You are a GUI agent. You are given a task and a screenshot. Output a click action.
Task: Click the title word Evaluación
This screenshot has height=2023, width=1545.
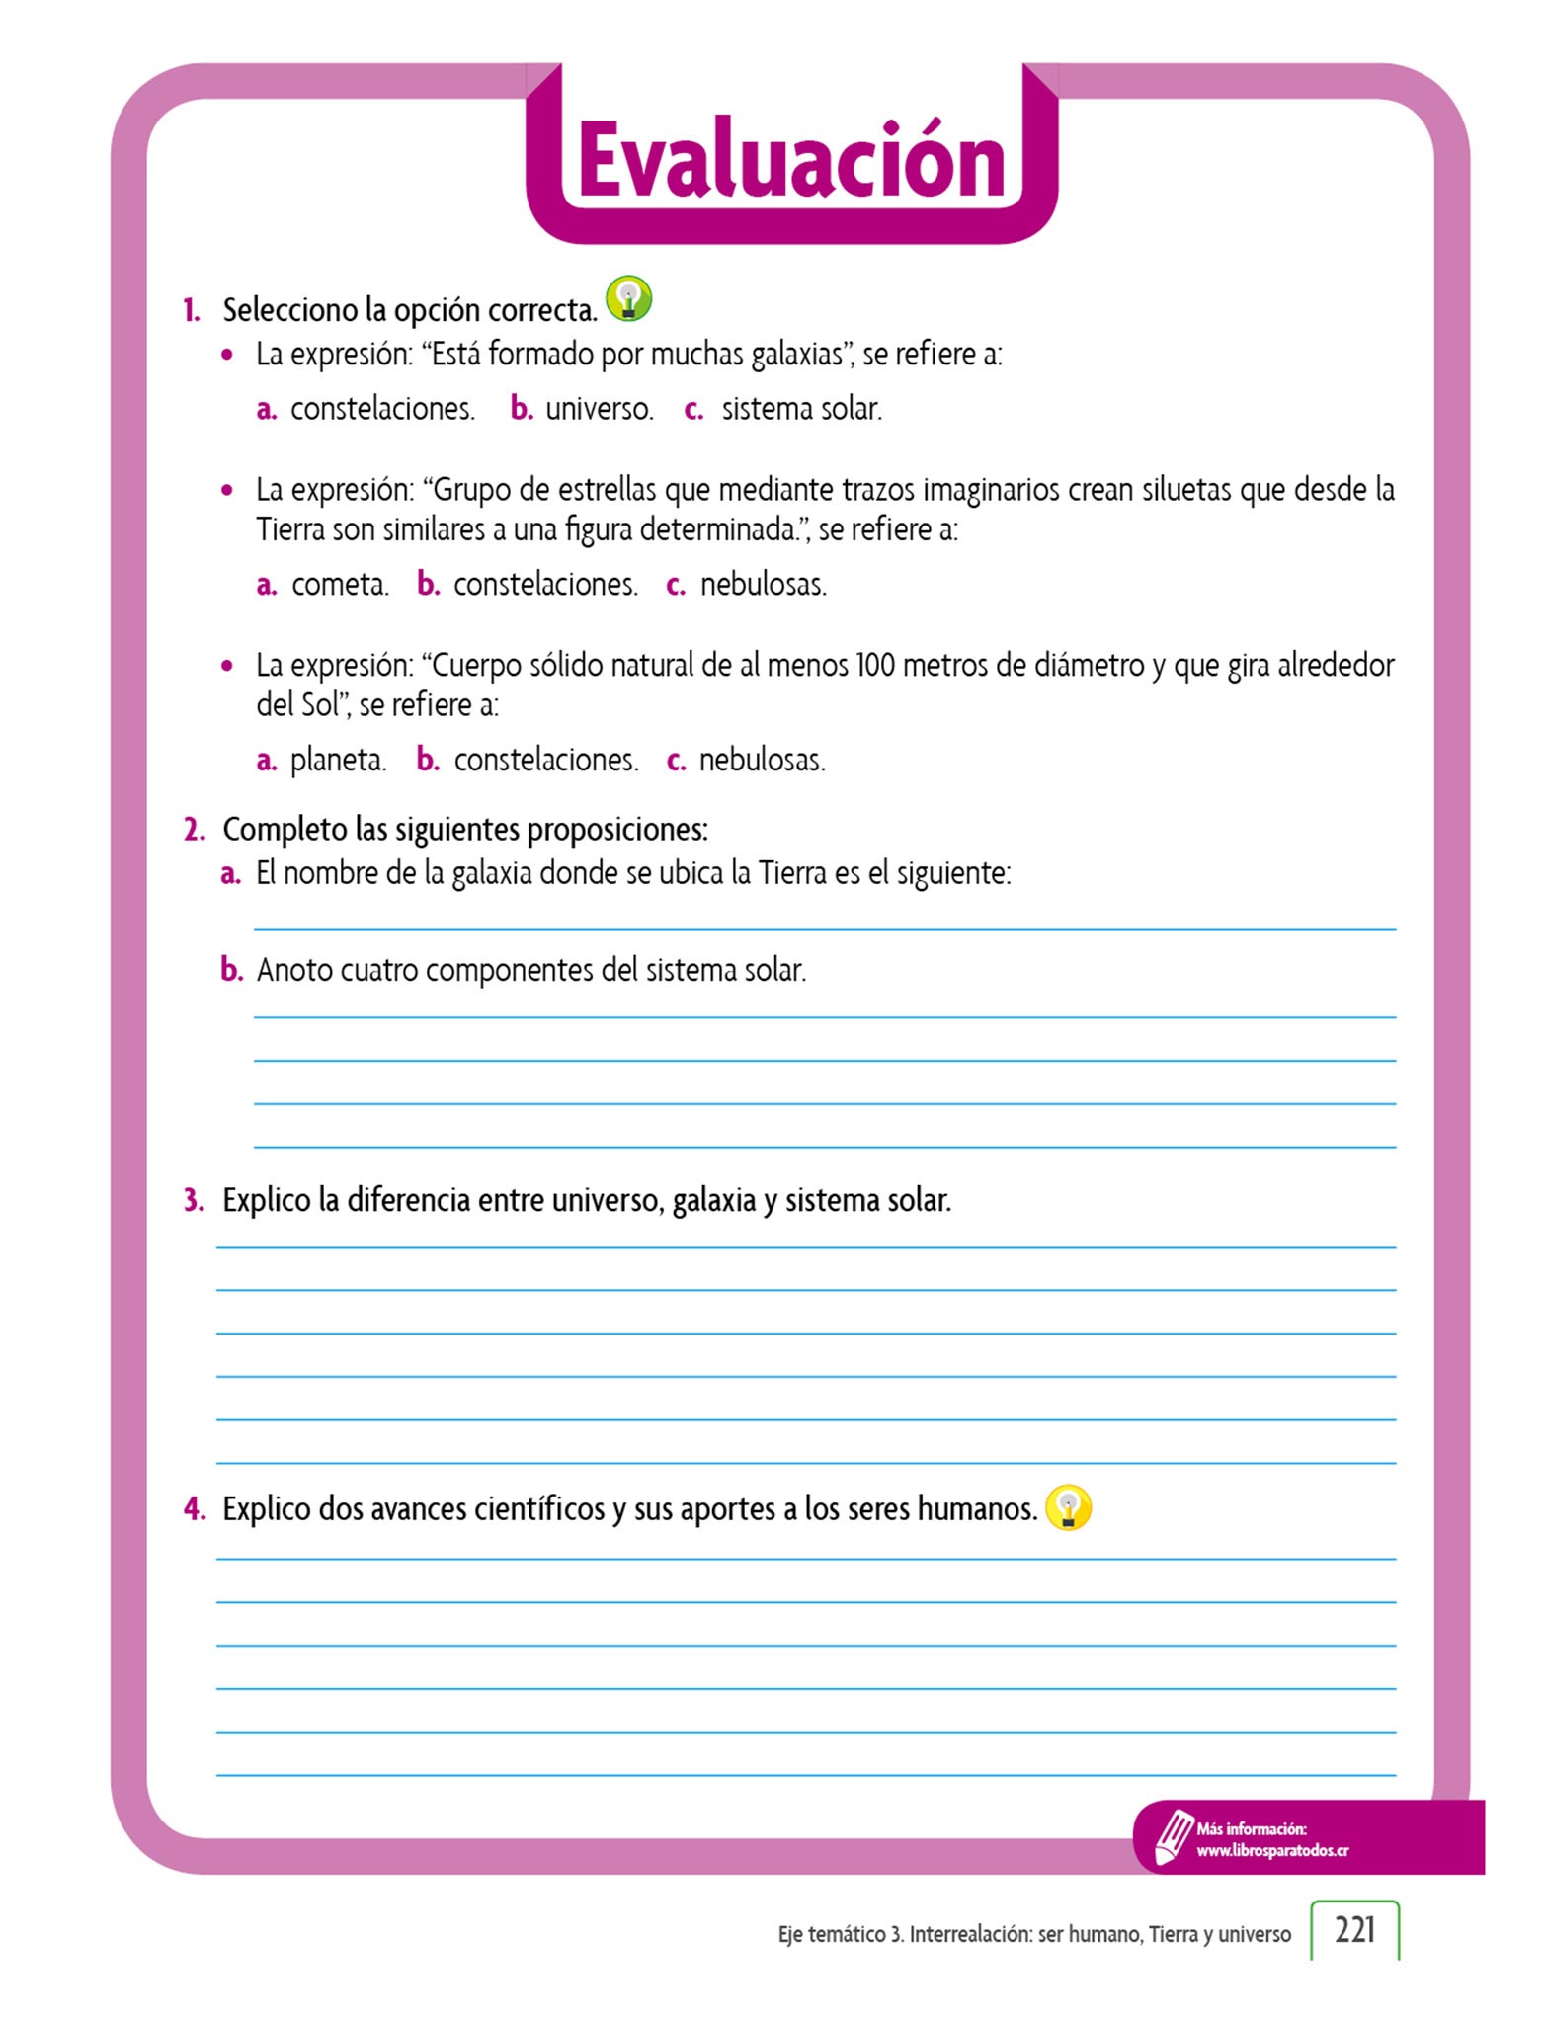pyautogui.click(x=791, y=160)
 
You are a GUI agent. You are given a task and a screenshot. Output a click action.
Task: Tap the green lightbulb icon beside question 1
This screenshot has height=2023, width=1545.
pyautogui.click(x=628, y=298)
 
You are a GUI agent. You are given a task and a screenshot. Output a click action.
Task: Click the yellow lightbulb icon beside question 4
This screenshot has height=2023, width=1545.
pyautogui.click(x=1068, y=1508)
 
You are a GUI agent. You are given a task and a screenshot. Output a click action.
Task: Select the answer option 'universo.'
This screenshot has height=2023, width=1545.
pyautogui.click(x=599, y=409)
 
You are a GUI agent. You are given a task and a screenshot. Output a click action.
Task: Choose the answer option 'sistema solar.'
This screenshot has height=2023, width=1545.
pyautogui.click(x=801, y=409)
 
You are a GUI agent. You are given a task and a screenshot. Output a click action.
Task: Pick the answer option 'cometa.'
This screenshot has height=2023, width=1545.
pyautogui.click(x=340, y=584)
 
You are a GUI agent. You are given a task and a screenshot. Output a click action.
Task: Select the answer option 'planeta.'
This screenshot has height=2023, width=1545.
pyautogui.click(x=338, y=760)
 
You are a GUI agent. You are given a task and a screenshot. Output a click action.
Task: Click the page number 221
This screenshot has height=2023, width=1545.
pyautogui.click(x=1354, y=1929)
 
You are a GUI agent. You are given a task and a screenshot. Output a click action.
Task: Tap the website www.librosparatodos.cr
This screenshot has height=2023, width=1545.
pyautogui.click(x=1272, y=1851)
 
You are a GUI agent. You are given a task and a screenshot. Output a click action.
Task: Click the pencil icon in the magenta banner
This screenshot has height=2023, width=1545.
pyautogui.click(x=1174, y=1837)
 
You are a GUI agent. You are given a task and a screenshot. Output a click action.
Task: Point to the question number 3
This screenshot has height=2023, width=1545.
pyautogui.click(x=194, y=1201)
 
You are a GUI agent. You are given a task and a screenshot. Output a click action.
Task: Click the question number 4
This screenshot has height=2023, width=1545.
pyautogui.click(x=194, y=1509)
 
